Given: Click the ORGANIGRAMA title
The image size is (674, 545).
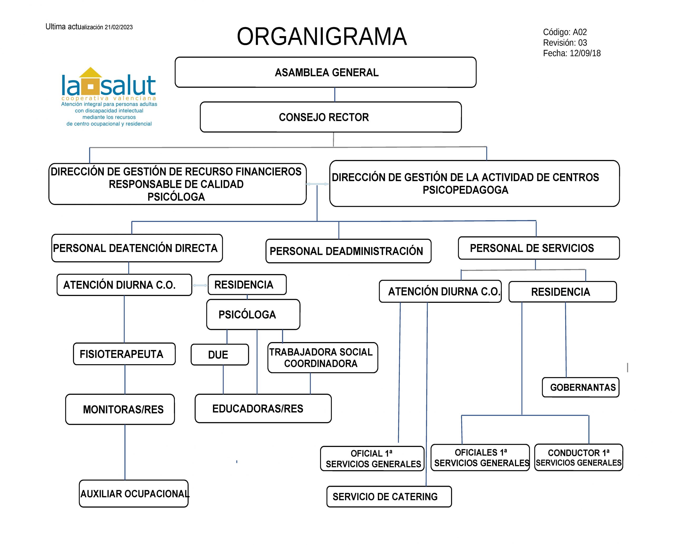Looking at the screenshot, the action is pyautogui.click(x=322, y=36).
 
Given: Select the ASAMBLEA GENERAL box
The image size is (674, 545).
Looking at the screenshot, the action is pyautogui.click(x=326, y=72).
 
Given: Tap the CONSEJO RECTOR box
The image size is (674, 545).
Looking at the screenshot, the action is pyautogui.click(x=331, y=117).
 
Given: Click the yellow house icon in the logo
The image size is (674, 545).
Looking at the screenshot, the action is pyautogui.click(x=90, y=81).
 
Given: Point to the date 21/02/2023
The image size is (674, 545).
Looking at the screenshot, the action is pyautogui.click(x=118, y=27).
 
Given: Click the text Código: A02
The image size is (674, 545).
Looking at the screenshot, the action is pyautogui.click(x=565, y=32).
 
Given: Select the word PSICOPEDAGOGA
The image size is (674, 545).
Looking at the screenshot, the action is pyautogui.click(x=465, y=190).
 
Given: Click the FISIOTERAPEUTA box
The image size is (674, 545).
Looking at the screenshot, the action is pyautogui.click(x=124, y=354).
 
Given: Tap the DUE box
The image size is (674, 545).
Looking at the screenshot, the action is pyautogui.click(x=220, y=355).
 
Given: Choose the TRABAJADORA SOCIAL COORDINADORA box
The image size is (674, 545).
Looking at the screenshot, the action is pyautogui.click(x=323, y=358).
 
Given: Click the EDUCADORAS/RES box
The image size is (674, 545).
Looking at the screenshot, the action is pyautogui.click(x=263, y=408).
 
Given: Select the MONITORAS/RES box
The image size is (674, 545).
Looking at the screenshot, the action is pyautogui.click(x=120, y=409).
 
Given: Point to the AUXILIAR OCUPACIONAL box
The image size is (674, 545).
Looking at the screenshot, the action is pyautogui.click(x=133, y=494).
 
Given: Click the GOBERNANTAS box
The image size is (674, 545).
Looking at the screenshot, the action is pyautogui.click(x=581, y=387).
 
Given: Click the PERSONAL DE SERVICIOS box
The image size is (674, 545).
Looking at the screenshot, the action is pyautogui.click(x=539, y=248).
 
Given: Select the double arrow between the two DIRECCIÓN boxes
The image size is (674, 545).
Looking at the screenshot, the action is pyautogui.click(x=318, y=184).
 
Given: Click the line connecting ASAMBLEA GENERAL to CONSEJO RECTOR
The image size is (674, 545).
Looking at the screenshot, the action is pyautogui.click(x=335, y=95).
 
